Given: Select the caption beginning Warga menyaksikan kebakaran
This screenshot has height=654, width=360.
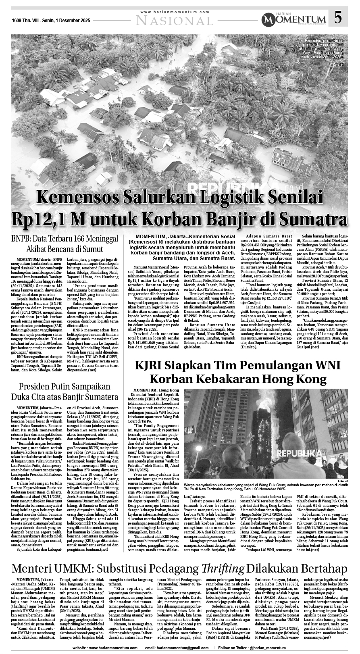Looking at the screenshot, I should click(258, 486).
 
